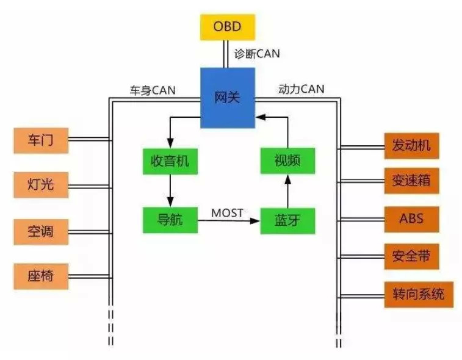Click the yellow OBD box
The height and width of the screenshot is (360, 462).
pos(227,27)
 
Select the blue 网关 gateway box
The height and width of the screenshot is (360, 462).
pos(227,98)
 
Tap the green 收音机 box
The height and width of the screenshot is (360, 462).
pos(170,161)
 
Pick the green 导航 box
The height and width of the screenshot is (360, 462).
pos(170,220)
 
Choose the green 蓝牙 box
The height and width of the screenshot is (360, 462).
pos(286,220)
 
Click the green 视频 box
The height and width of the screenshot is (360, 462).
pos(287,161)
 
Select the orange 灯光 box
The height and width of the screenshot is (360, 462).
pos(41,183)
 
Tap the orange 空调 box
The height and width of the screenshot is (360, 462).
pos(41,231)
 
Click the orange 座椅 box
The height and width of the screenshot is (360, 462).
pos(41,275)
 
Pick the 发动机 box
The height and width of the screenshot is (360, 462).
pos(411,145)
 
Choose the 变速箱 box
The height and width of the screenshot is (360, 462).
pos(411,181)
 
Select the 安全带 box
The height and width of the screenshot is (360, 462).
pos(411,256)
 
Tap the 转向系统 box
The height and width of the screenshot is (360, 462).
pos(419,295)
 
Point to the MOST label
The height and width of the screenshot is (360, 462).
pos(227,213)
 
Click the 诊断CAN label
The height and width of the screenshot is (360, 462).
pos(257,54)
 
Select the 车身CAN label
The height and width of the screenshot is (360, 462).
pos(153,90)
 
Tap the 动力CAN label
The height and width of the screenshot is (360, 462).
pos(301,89)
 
